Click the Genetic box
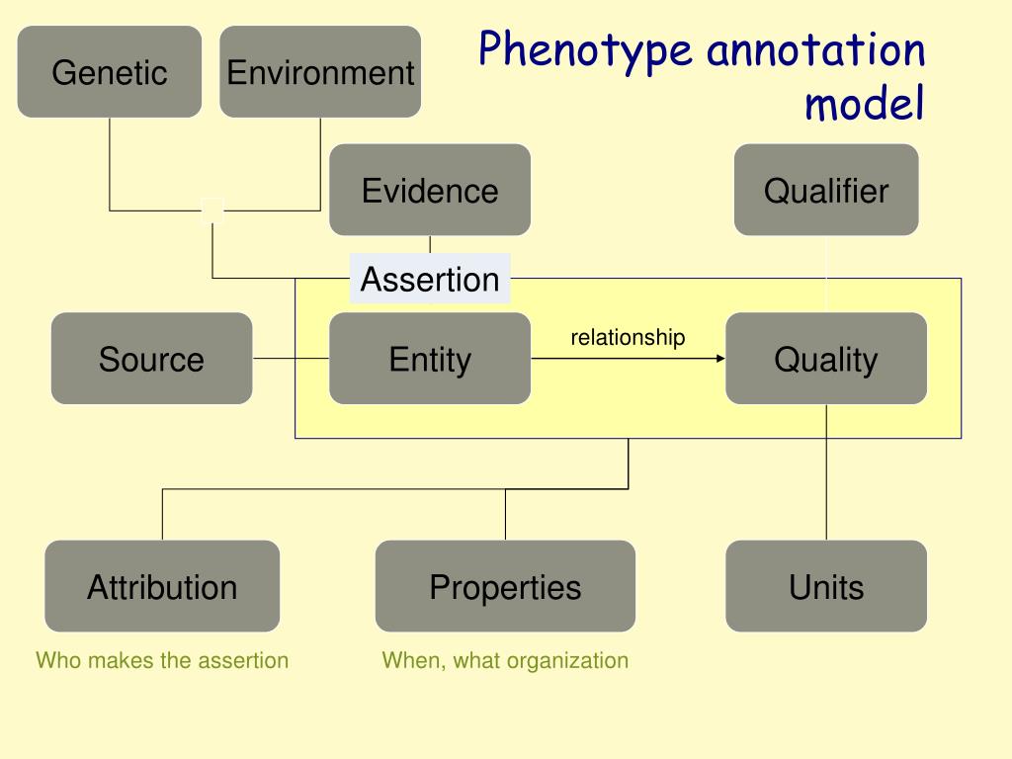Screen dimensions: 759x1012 (x=110, y=72)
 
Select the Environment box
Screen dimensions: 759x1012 (x=320, y=72)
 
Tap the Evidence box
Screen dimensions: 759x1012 (x=430, y=190)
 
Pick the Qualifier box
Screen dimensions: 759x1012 (x=826, y=190)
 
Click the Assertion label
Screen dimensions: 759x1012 (x=430, y=279)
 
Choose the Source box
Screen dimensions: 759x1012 (x=151, y=359)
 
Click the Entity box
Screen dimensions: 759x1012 (x=430, y=359)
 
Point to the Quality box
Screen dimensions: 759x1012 (x=826, y=359)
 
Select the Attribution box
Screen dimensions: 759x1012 (x=162, y=587)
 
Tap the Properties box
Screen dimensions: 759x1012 (x=505, y=587)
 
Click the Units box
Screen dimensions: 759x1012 (x=826, y=587)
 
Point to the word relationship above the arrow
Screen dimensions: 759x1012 (x=628, y=338)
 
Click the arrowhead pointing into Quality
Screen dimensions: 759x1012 (x=720, y=359)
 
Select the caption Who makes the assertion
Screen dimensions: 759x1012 (x=162, y=660)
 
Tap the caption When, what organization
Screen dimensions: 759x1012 (x=505, y=660)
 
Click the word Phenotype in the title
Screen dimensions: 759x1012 (x=586, y=51)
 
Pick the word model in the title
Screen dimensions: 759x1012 (x=865, y=104)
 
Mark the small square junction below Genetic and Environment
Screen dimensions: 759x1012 (x=212, y=211)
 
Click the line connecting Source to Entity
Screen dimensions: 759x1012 (x=291, y=359)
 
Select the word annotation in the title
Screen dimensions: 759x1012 (x=816, y=51)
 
